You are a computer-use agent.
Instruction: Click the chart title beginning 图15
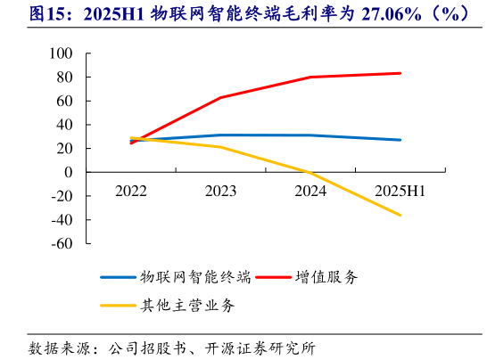243,15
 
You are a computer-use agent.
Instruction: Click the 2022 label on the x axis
131,191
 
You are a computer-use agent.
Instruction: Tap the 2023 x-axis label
220,191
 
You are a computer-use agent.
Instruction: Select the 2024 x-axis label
310,191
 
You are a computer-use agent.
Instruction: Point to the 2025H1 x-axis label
400,191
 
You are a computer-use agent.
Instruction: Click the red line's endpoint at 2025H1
400,73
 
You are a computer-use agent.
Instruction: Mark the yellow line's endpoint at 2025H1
400,215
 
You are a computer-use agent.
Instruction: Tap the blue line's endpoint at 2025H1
400,140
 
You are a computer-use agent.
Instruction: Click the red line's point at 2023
220,97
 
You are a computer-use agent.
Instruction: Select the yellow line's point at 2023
220,147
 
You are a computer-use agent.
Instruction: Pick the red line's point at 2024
310,77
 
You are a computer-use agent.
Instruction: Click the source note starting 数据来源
171,347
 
